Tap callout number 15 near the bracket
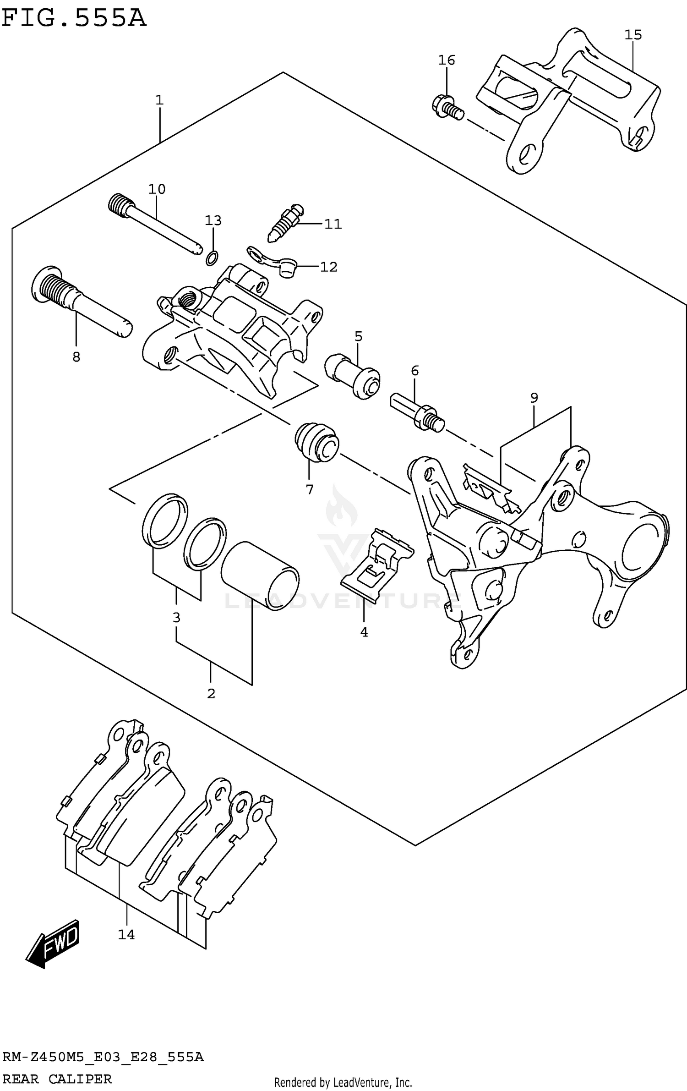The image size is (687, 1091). click(x=633, y=35)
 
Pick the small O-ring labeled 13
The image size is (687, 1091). click(x=212, y=259)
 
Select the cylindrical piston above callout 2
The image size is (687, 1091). click(x=260, y=576)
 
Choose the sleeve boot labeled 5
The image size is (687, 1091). click(x=353, y=376)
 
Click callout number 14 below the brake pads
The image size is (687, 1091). click(x=126, y=934)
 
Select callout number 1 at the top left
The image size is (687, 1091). click(x=159, y=99)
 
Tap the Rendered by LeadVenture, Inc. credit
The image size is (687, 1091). click(x=343, y=1079)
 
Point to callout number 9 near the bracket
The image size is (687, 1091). click(x=534, y=398)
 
